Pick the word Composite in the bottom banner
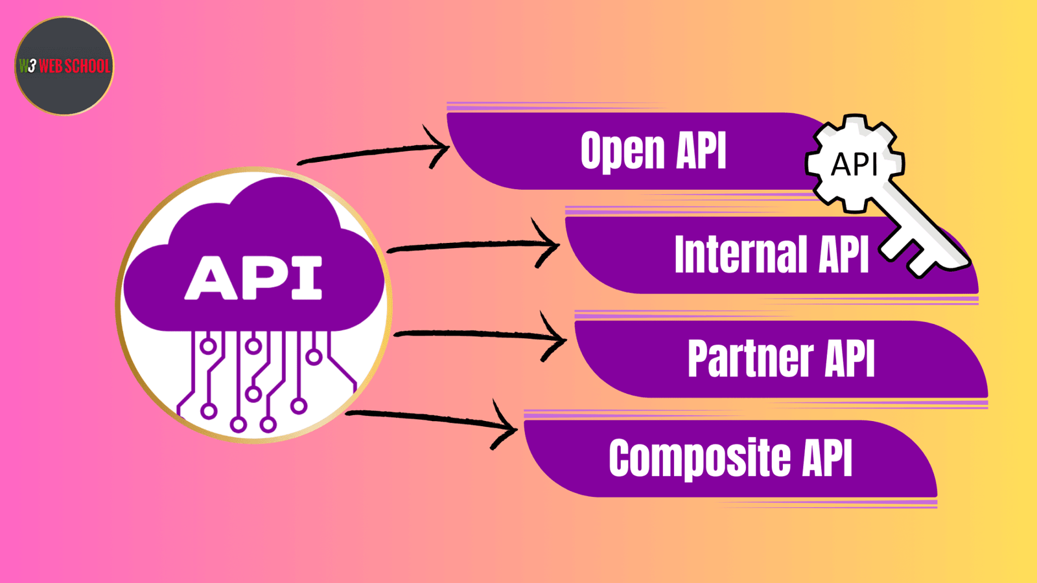[x=699, y=459]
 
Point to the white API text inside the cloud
[x=253, y=278]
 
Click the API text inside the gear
[x=854, y=165]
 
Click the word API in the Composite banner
[x=827, y=459]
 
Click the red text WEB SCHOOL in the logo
[x=74, y=66]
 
